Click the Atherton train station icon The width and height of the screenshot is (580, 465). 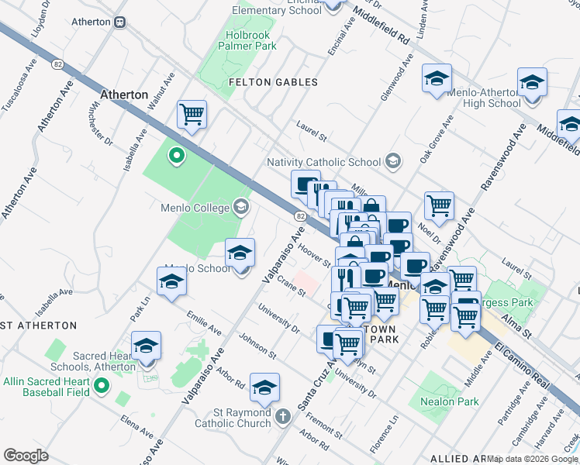point(120,22)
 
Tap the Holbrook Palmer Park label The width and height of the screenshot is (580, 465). point(250,41)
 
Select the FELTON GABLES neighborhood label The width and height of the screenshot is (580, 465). point(273,82)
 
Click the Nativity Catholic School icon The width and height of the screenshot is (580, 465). point(393,161)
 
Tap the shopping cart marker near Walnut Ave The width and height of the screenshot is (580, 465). point(191,115)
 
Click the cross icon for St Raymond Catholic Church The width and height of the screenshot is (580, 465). point(283,417)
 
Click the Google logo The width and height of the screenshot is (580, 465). point(26,455)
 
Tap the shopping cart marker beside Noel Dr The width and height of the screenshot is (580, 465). point(439,205)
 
